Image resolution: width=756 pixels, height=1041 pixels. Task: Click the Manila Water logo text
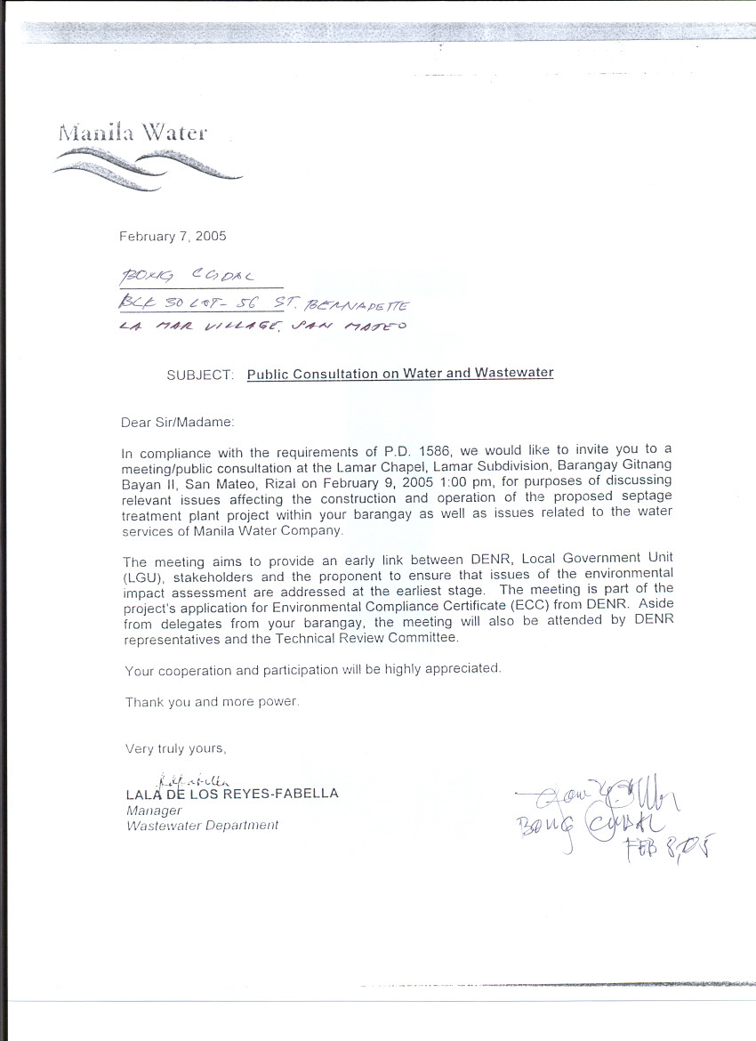coord(133,134)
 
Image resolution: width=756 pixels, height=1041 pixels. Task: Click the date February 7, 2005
coord(173,237)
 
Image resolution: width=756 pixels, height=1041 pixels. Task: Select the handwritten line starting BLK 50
coord(264,304)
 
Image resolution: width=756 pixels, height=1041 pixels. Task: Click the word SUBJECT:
coord(200,375)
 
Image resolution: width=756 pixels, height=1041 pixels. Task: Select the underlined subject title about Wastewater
coord(400,374)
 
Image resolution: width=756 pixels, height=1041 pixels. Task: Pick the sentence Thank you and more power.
coord(212,702)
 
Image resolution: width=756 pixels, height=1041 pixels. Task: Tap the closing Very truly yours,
coord(175,748)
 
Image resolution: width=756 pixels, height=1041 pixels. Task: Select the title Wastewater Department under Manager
coord(202,826)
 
